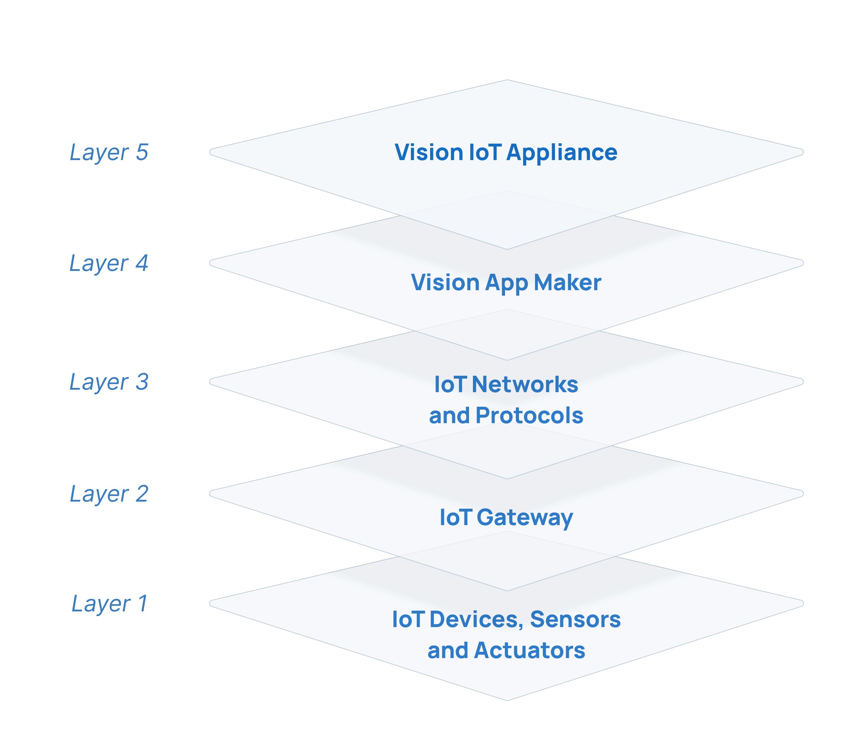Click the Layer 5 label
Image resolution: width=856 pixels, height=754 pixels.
click(109, 152)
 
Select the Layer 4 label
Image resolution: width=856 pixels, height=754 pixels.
click(109, 264)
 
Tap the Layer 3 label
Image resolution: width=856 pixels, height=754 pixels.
click(109, 382)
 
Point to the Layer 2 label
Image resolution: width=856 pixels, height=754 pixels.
click(109, 494)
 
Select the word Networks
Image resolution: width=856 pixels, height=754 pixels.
click(525, 384)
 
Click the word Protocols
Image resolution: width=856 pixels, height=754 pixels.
click(529, 415)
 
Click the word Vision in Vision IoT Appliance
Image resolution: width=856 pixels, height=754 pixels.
click(428, 152)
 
